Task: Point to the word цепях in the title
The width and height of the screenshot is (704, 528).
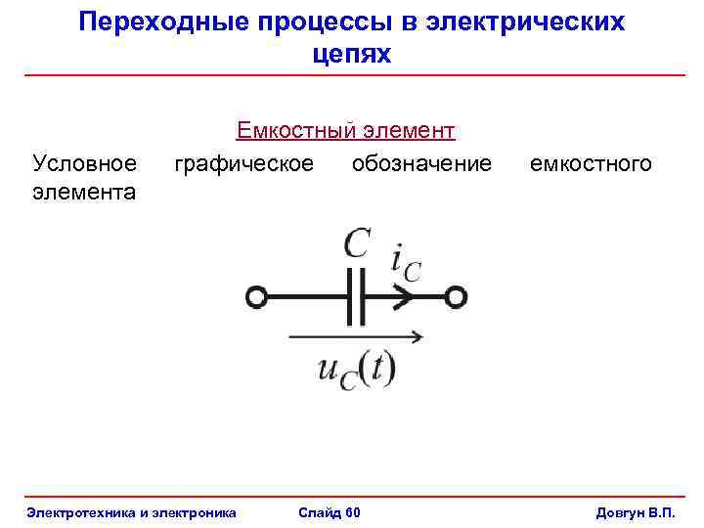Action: pyautogui.click(x=351, y=55)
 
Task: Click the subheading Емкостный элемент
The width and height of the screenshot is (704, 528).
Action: pyautogui.click(x=345, y=130)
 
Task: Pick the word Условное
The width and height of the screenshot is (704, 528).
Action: pyautogui.click(x=85, y=162)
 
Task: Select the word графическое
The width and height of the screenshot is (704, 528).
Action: pyautogui.click(x=244, y=162)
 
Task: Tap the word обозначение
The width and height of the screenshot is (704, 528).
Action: pyautogui.click(x=421, y=162)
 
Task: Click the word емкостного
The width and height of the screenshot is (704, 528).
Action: pyautogui.click(x=591, y=162)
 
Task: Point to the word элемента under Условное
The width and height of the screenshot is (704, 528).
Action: pyautogui.click(x=84, y=192)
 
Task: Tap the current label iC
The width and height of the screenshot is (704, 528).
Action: pyautogui.click(x=405, y=261)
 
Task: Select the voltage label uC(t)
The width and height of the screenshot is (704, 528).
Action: pyautogui.click(x=356, y=370)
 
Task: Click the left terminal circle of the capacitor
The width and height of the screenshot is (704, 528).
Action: pyautogui.click(x=257, y=296)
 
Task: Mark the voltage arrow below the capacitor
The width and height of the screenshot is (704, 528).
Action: pyautogui.click(x=356, y=337)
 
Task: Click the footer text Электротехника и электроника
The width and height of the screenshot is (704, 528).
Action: pyautogui.click(x=132, y=512)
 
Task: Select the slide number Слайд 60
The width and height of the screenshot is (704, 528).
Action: pyautogui.click(x=330, y=512)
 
